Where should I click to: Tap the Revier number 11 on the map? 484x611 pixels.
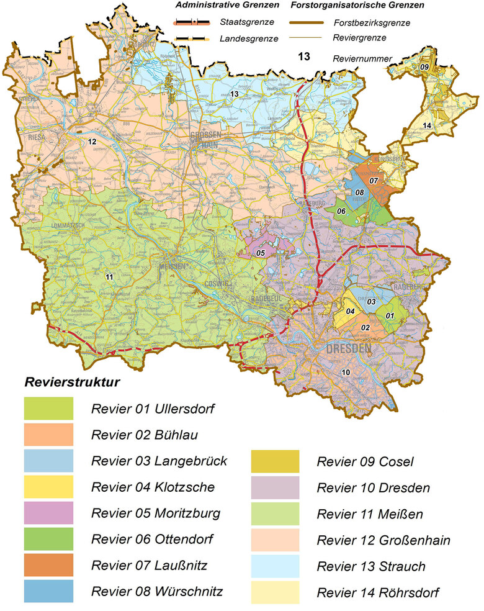point(109,276)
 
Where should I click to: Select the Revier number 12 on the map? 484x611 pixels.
point(92,142)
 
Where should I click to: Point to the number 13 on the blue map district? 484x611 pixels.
point(235,94)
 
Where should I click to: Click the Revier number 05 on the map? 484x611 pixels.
point(261,253)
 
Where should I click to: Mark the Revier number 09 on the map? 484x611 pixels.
point(424,66)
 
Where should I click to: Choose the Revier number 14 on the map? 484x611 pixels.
point(427,126)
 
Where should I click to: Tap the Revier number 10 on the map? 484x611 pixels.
point(346,372)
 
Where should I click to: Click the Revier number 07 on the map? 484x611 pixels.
point(374,180)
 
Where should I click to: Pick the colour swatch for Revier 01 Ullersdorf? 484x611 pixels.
point(48,409)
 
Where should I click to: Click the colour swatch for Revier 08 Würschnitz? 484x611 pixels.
point(48,591)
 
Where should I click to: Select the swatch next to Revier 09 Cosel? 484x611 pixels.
point(275,461)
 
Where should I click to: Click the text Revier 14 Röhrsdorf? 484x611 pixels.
point(378,593)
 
